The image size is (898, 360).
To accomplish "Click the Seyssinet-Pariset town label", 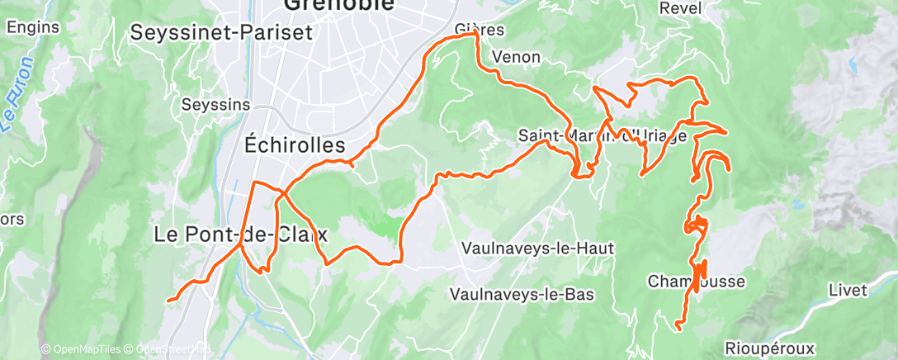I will coord(221,33).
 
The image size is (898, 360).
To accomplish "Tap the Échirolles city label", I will coord(295,144).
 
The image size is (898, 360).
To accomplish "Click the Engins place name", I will coord(32,26).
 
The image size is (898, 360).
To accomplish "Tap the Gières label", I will coord(480,30).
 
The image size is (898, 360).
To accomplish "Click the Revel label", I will coord(681,7).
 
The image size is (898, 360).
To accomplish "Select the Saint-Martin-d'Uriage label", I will coord(603,135).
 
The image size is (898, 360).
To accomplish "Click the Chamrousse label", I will coord(696,282).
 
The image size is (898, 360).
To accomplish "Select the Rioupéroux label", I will coord(771,347).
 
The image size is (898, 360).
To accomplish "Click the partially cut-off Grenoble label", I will coord(338,5).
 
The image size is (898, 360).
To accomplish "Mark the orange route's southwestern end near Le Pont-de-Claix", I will coord(168,301).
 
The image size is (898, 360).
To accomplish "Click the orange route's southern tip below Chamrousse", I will coord(678,329).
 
